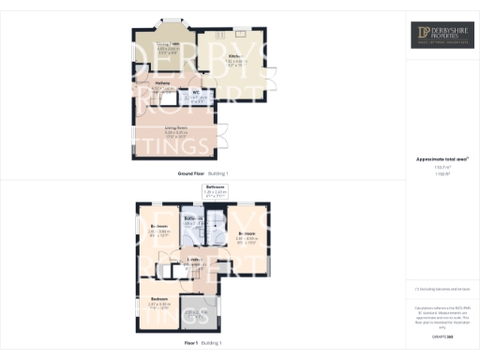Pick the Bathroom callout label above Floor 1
click(215, 188)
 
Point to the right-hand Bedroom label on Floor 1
click(247, 233)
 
